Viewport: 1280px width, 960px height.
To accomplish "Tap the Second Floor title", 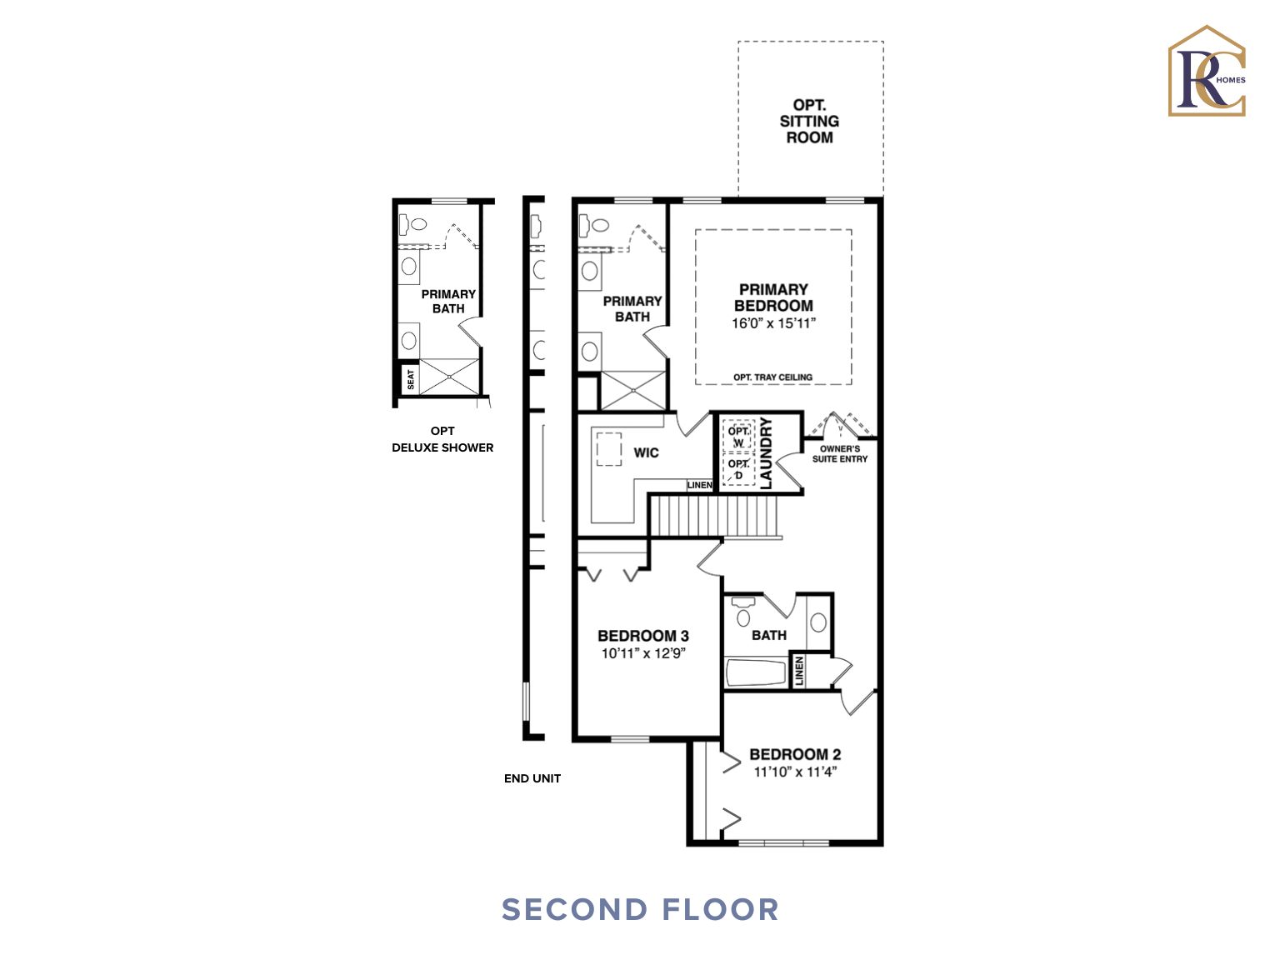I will (640, 909).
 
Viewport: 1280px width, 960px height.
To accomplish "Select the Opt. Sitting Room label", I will (809, 121).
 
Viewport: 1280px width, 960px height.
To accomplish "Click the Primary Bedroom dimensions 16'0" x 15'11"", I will (773, 323).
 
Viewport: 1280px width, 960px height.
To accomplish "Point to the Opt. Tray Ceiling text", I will (772, 377).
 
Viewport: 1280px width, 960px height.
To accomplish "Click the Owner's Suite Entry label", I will (839, 454).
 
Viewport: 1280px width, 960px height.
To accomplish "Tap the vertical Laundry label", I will (767, 453).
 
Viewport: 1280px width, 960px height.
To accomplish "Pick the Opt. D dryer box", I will (738, 469).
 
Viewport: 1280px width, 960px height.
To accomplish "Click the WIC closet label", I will (646, 452).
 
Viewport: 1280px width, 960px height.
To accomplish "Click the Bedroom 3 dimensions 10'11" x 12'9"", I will (642, 653).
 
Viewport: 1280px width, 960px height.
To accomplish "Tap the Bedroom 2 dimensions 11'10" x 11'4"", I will (794, 772).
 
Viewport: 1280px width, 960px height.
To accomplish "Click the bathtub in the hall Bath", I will (756, 672).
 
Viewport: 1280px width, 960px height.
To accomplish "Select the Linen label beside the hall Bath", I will (799, 672).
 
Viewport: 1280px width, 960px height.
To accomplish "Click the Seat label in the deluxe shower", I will (410, 379).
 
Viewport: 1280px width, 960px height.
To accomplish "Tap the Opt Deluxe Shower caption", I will (442, 439).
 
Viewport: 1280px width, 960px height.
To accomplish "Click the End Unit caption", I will (532, 778).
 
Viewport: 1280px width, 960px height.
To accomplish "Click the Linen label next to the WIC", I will (699, 485).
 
